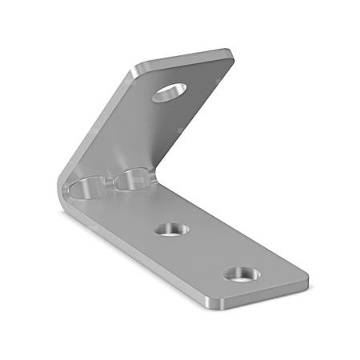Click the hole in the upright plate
point(170,91)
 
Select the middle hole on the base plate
point(173,229)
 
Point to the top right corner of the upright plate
point(230,54)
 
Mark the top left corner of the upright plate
point(138,66)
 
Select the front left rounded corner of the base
point(210,304)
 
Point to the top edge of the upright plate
point(184,58)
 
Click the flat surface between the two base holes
point(206,252)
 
